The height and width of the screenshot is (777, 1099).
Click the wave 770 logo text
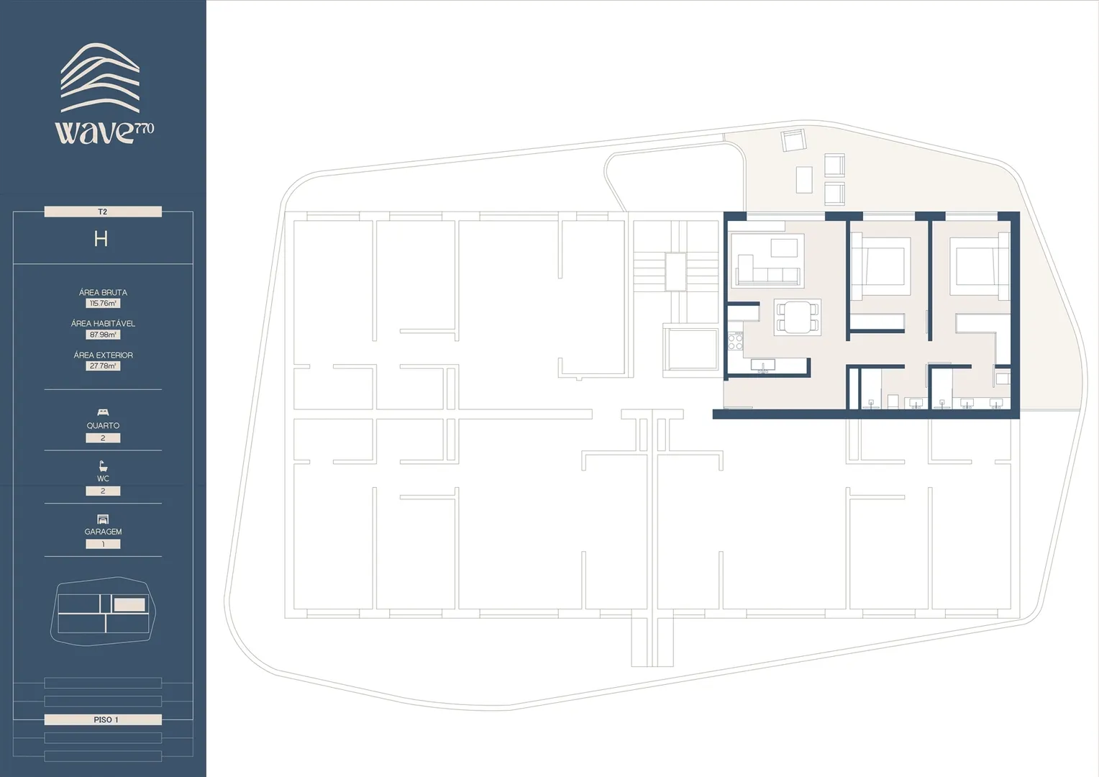[104, 132]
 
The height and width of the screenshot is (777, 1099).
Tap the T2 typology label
[103, 212]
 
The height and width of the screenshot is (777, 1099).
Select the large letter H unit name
[101, 239]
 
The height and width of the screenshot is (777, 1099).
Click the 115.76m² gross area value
[103, 304]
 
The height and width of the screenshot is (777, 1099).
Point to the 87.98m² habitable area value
[103, 335]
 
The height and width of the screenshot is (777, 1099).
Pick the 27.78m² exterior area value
[103, 365]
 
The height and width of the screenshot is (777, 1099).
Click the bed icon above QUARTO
[103, 412]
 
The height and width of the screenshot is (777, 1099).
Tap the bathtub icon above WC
[103, 465]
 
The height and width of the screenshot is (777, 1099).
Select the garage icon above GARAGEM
[103, 519]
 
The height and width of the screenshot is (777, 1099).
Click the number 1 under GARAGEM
[103, 544]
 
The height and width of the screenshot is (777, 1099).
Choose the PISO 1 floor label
[103, 719]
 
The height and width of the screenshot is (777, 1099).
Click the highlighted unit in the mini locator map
[129, 604]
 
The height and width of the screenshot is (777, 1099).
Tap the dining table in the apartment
[797, 317]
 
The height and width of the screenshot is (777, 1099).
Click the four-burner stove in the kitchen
[736, 341]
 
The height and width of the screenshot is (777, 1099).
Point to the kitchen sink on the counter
[763, 365]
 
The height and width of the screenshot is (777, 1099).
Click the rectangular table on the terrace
[804, 180]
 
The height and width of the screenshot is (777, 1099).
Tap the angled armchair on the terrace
[793, 141]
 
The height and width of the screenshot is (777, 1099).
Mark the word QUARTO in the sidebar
[103, 426]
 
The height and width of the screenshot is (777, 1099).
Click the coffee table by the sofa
[784, 248]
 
